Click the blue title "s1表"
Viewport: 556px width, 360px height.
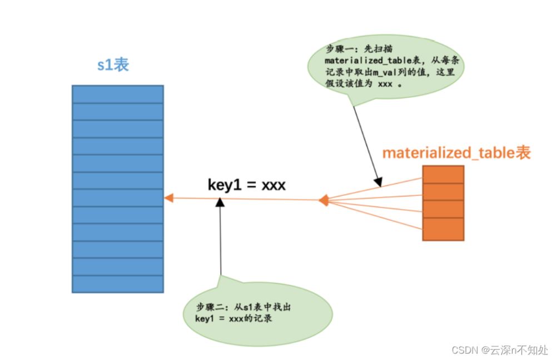click(x=113, y=64)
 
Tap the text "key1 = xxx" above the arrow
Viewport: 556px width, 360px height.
click(x=246, y=185)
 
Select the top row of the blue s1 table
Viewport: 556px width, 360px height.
click(x=117, y=94)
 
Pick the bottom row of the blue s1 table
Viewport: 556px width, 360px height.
click(x=117, y=284)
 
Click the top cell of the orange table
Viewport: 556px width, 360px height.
click(x=443, y=174)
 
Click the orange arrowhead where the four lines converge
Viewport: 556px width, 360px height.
click(x=323, y=200)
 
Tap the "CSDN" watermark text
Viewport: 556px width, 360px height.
click(x=465, y=350)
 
